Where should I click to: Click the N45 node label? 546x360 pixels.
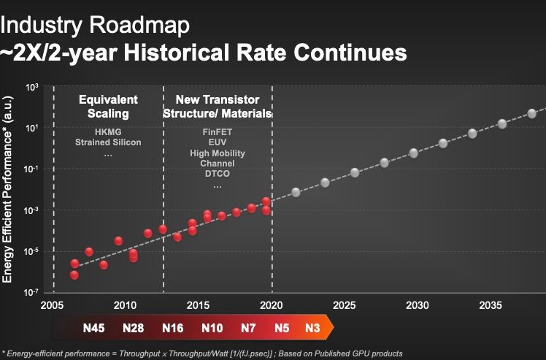coord(94,328)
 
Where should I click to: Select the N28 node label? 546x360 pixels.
coord(133,328)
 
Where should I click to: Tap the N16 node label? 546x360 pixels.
coord(172,328)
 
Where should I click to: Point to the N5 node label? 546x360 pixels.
coord(282,328)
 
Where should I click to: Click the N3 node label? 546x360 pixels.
coord(312,328)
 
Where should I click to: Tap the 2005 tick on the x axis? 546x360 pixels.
coord(51,304)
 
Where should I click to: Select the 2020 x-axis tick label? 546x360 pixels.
coord(271,304)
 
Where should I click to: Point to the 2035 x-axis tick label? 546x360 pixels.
coord(490,304)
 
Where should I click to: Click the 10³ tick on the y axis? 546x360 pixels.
coord(31,88)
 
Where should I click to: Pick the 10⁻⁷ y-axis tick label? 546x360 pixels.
coord(31,292)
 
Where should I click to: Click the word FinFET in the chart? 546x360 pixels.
coord(217,132)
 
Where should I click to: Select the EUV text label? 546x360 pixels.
coord(217,143)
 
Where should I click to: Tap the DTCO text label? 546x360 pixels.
coord(217,175)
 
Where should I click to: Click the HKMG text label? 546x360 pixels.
coord(107,131)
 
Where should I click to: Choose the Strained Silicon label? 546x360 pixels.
coord(108,142)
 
